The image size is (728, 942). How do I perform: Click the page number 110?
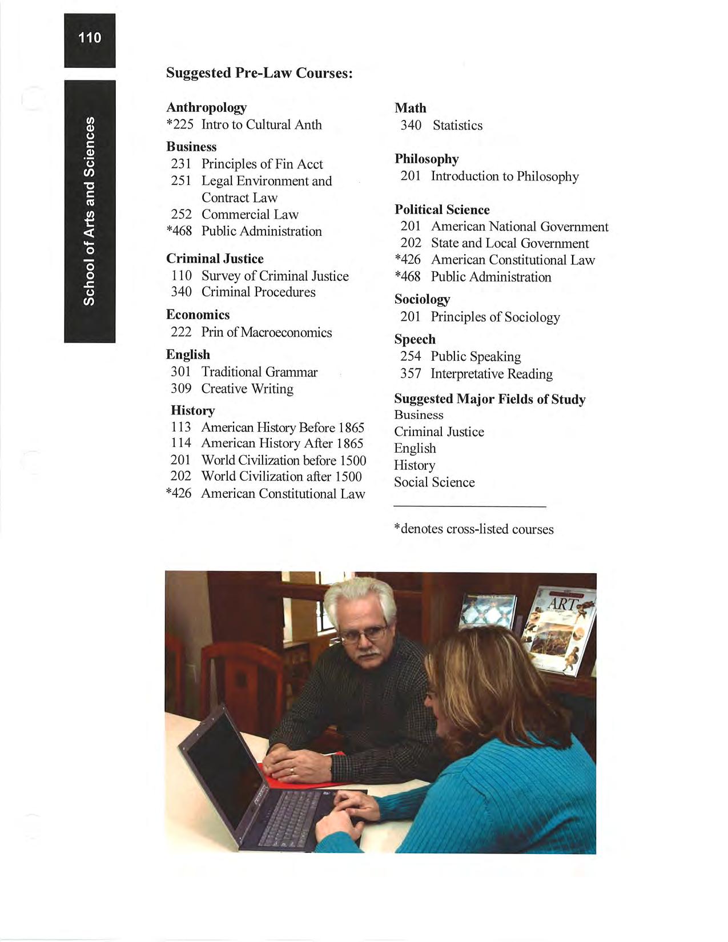click(90, 38)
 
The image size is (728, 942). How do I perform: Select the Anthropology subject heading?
click(206, 107)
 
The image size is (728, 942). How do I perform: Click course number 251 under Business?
click(180, 181)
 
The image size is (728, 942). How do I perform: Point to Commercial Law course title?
click(250, 215)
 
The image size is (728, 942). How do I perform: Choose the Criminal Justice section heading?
click(215, 259)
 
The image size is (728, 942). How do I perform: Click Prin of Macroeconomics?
click(266, 332)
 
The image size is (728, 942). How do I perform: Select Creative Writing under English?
click(247, 389)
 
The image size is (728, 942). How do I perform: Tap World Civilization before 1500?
click(283, 460)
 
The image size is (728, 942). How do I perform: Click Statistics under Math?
click(457, 126)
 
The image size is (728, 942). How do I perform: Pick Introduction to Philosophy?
click(505, 176)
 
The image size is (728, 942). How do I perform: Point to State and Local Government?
click(509, 243)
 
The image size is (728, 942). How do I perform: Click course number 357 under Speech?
click(411, 374)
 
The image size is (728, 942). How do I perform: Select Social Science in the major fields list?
click(434, 482)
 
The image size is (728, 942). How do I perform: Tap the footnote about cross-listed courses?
click(473, 529)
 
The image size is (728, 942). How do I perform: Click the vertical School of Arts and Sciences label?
click(90, 211)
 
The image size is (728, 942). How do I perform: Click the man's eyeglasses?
click(362, 633)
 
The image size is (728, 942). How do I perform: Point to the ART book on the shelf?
click(560, 628)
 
